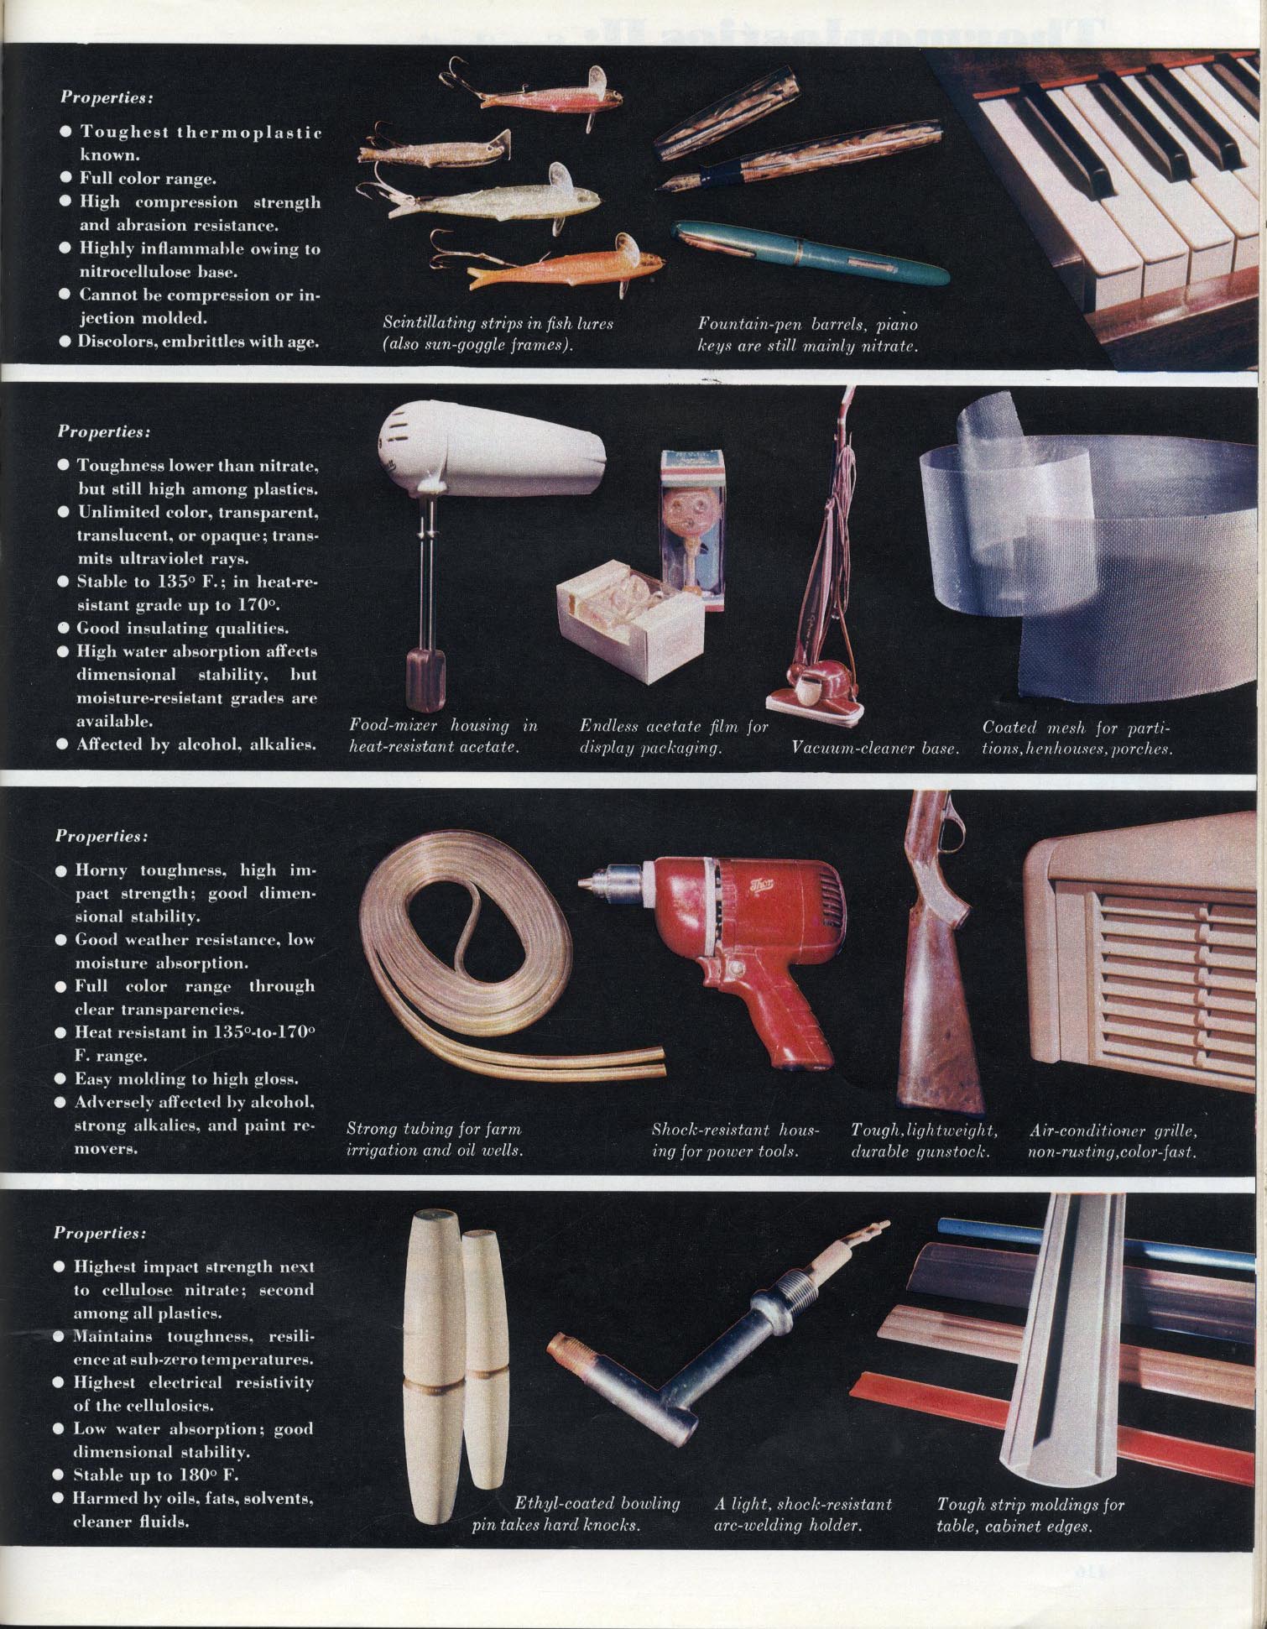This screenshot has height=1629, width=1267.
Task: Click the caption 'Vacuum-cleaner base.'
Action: (875, 747)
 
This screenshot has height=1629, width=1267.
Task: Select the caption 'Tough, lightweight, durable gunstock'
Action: (921, 1140)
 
